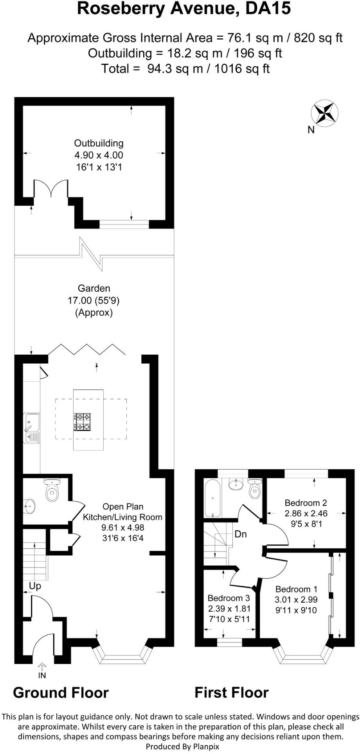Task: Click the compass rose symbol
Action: (x=324, y=113)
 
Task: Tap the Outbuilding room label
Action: (x=99, y=143)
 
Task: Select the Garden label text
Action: (x=94, y=289)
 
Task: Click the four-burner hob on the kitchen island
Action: (x=82, y=422)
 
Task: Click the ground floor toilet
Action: (x=52, y=490)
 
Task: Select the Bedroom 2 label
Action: (x=306, y=503)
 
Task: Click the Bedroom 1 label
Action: (x=296, y=589)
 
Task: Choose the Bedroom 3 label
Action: (x=229, y=598)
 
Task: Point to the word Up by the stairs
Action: (x=35, y=586)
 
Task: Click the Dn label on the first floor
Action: (x=241, y=534)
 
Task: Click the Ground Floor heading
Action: (x=61, y=692)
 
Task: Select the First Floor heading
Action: (x=232, y=692)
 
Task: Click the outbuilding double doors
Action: (x=51, y=188)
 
